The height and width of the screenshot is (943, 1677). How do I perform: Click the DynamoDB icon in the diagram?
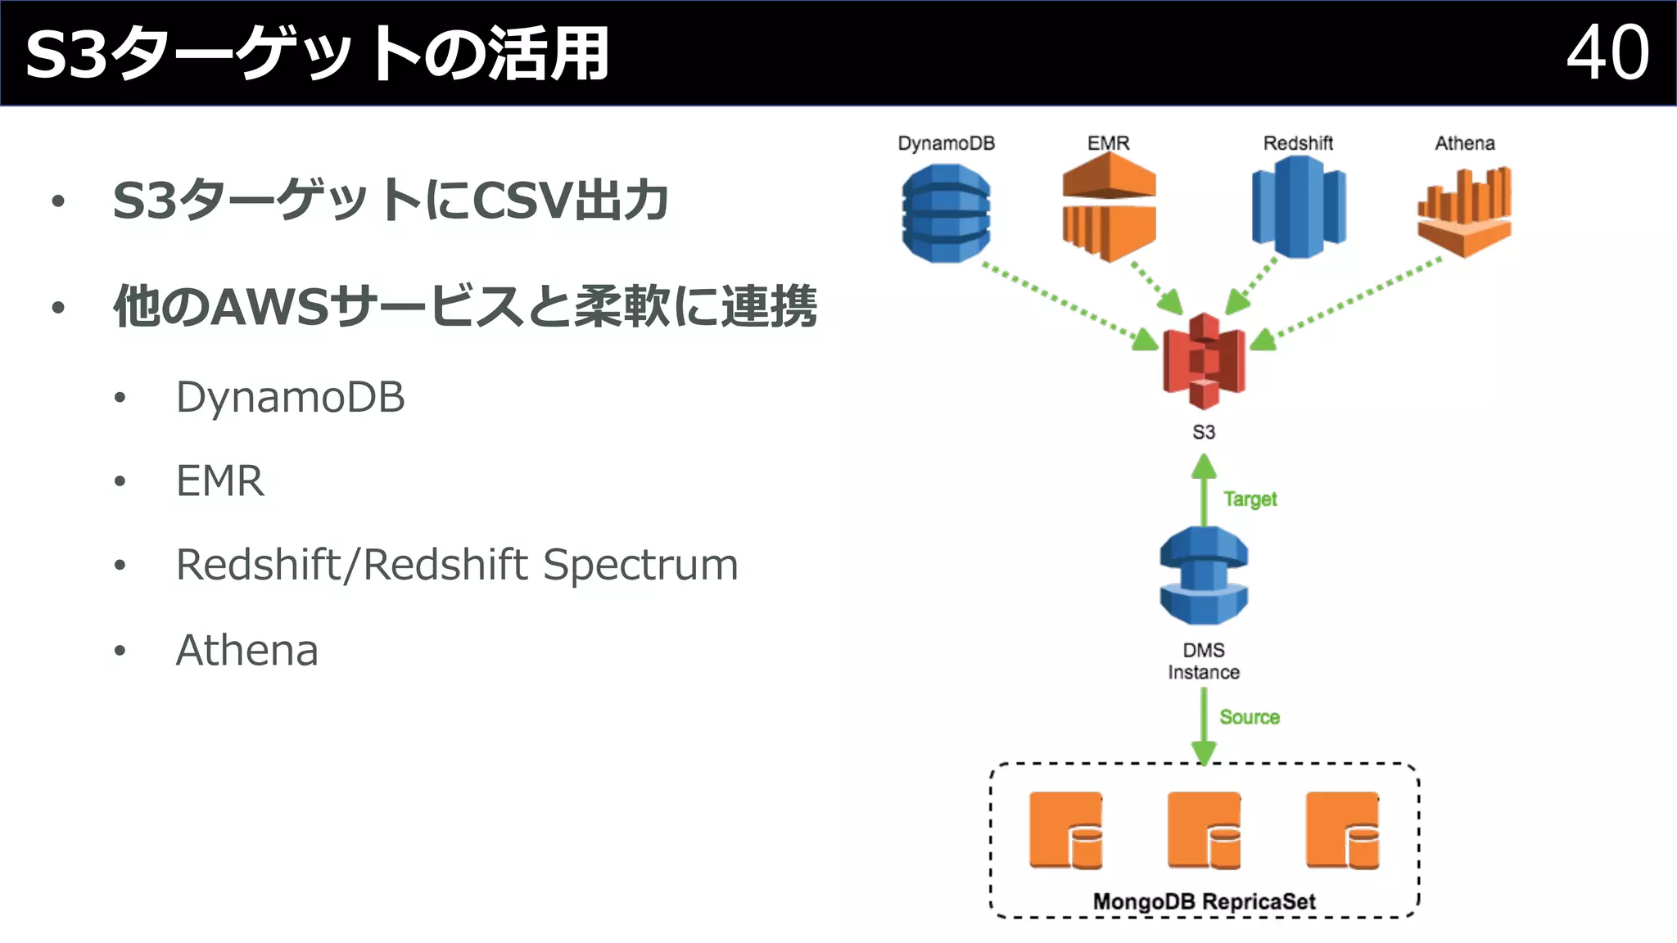tap(946, 213)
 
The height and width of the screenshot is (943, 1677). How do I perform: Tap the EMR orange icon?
tap(1109, 208)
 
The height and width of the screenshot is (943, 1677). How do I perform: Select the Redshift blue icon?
tap(1299, 208)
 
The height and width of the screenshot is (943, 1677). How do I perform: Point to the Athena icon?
tap(1464, 211)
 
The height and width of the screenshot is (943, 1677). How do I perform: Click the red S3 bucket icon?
tap(1204, 361)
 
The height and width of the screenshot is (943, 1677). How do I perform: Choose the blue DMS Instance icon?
tap(1204, 575)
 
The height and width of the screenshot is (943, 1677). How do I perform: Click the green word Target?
tap(1250, 499)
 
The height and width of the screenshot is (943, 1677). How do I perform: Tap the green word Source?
tap(1250, 717)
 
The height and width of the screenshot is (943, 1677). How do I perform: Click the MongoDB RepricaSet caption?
tap(1204, 901)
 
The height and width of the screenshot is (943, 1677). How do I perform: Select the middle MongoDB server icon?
tap(1204, 830)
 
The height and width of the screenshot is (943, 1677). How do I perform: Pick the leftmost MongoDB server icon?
tap(1065, 830)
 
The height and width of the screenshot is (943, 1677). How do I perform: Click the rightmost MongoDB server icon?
tap(1342, 830)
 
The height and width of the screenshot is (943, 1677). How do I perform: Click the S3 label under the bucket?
tap(1204, 432)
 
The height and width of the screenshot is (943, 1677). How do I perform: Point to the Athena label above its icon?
tap(1464, 143)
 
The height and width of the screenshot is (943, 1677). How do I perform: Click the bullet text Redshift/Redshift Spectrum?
tap(457, 565)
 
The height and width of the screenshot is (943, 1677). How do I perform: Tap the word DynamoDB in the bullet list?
tap(290, 397)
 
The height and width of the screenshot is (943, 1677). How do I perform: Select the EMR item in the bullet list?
tap(220, 481)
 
